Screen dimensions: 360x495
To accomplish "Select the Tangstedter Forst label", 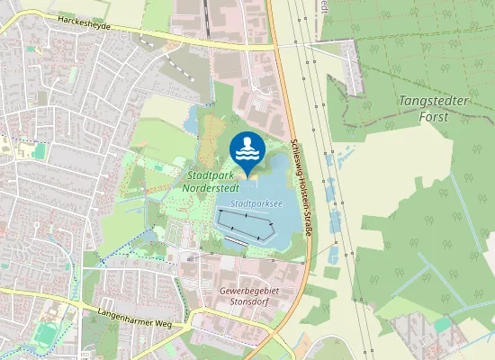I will point(434,108).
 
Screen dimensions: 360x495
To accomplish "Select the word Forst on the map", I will point(434,115).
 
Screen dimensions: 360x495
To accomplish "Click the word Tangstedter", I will point(434,101).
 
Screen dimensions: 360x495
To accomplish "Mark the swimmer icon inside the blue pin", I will point(247,144).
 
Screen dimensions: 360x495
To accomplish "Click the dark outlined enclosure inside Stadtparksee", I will point(245,223).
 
